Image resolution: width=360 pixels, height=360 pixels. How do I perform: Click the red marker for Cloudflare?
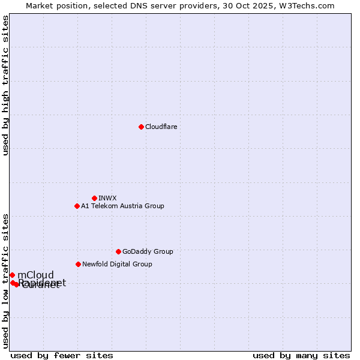click(x=141, y=127)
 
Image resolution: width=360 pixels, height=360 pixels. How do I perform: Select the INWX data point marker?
click(x=94, y=198)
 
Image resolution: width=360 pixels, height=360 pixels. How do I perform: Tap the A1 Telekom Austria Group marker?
click(x=77, y=206)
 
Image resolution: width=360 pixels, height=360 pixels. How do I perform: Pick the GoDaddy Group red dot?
click(x=118, y=251)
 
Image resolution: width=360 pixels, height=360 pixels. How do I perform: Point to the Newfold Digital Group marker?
click(x=78, y=264)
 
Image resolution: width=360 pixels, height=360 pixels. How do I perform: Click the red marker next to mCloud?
click(x=12, y=275)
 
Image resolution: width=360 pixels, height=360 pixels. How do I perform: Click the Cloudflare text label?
click(x=161, y=127)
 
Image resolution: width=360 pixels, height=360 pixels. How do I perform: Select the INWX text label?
click(x=107, y=198)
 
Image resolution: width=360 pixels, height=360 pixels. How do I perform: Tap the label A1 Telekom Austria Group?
click(x=122, y=206)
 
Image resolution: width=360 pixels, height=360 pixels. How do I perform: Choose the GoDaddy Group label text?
click(x=148, y=251)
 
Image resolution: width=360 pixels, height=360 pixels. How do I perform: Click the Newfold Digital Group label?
click(x=117, y=264)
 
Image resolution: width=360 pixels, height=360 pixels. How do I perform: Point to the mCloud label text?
click(x=35, y=275)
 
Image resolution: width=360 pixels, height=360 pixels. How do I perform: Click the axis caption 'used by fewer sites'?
click(x=62, y=355)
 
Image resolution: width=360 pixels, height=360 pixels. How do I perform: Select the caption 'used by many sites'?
click(x=301, y=355)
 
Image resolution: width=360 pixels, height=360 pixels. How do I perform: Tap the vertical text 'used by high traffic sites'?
click(x=5, y=86)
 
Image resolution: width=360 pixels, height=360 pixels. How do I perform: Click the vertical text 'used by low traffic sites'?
click(x=5, y=281)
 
